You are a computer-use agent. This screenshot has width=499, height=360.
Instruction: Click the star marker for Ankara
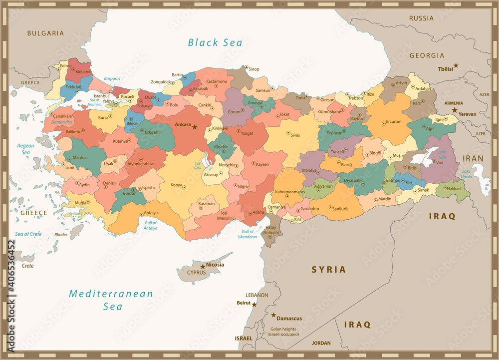click(195, 127)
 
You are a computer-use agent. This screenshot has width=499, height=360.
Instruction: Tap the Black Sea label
click(215, 42)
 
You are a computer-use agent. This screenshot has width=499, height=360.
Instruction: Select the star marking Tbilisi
click(456, 65)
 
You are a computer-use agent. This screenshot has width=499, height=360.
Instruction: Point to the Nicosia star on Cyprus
click(203, 267)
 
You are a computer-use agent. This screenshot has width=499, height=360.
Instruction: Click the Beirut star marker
click(254, 304)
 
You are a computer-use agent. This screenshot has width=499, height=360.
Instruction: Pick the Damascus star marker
click(273, 316)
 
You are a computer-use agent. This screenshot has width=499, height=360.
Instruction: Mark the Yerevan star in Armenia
click(455, 109)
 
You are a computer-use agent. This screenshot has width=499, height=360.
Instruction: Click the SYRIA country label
click(328, 270)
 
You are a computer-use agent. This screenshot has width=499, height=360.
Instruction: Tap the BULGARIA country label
click(45, 33)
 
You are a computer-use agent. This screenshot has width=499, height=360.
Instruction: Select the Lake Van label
click(442, 155)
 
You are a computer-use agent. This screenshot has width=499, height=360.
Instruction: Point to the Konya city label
click(176, 185)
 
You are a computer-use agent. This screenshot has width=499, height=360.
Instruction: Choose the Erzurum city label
click(394, 122)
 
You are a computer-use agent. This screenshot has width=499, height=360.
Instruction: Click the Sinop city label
click(254, 69)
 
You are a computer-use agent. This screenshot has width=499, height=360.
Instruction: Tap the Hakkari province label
click(454, 189)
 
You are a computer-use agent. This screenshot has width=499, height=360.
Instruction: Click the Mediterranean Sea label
click(111, 300)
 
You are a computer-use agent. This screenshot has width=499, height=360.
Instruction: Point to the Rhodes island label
click(61, 234)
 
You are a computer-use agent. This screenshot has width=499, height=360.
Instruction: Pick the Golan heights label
click(283, 332)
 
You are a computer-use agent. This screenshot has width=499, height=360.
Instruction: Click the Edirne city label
click(65, 66)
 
